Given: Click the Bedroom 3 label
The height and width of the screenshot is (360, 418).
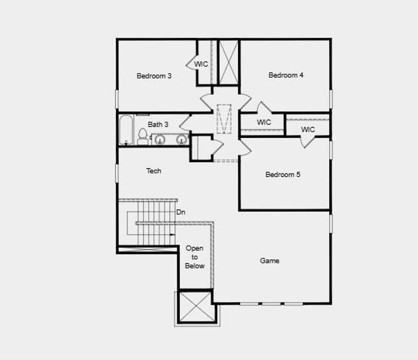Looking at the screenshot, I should [154, 76].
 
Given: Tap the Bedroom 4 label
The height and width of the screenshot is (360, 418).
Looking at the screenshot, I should [286, 75].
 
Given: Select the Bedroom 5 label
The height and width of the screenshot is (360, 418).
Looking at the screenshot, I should [283, 175].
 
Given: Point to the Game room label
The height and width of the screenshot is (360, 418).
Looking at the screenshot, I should [269, 261].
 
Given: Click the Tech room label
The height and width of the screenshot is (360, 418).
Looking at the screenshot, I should [154, 171].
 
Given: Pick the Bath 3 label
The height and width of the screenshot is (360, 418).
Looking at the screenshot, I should [158, 124].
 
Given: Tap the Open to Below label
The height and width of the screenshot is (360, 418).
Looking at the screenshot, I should [195, 257].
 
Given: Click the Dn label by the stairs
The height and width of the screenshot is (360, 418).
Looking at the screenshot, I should [181, 212].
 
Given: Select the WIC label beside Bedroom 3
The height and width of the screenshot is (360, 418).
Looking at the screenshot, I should [201, 64].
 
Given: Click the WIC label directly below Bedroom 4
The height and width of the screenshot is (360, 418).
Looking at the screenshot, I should [264, 122].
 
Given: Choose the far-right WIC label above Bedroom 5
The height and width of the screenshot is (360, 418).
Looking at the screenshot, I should [308, 130].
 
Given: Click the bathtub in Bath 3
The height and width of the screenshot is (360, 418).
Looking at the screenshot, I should [125, 130].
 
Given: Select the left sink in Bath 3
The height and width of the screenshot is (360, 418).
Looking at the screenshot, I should [160, 140].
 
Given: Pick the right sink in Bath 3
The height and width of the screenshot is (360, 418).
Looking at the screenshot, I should [181, 140].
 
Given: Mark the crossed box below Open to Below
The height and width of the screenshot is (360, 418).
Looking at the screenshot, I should [195, 307].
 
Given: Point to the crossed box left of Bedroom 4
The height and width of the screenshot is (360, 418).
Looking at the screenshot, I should [228, 62].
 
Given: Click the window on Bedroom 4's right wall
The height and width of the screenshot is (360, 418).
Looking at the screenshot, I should [330, 99].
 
